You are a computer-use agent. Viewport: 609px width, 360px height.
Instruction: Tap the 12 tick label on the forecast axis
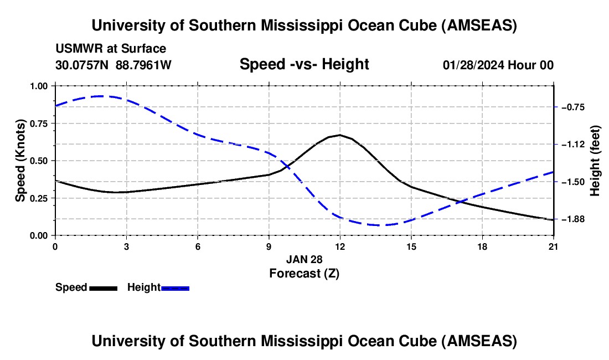(x=340, y=246)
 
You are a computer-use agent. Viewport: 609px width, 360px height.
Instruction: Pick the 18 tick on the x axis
(x=483, y=246)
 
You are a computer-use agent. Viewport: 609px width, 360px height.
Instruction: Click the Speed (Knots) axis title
(x=20, y=161)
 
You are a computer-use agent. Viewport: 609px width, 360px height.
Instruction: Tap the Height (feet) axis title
(x=595, y=161)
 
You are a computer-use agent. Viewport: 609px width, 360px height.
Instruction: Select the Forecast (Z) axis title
(x=304, y=273)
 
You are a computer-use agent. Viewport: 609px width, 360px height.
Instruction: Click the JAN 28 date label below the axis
(x=304, y=259)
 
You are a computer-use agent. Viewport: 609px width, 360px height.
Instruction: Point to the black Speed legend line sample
(x=103, y=288)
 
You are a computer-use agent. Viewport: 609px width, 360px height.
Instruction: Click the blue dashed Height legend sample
(x=175, y=288)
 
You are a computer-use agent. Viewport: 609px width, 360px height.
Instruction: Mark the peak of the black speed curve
(x=339, y=135)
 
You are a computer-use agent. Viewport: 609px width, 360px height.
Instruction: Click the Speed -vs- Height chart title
(x=304, y=64)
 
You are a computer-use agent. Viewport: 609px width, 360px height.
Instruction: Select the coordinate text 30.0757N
(x=83, y=65)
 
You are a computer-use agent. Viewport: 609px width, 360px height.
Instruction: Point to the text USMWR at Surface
(x=111, y=49)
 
